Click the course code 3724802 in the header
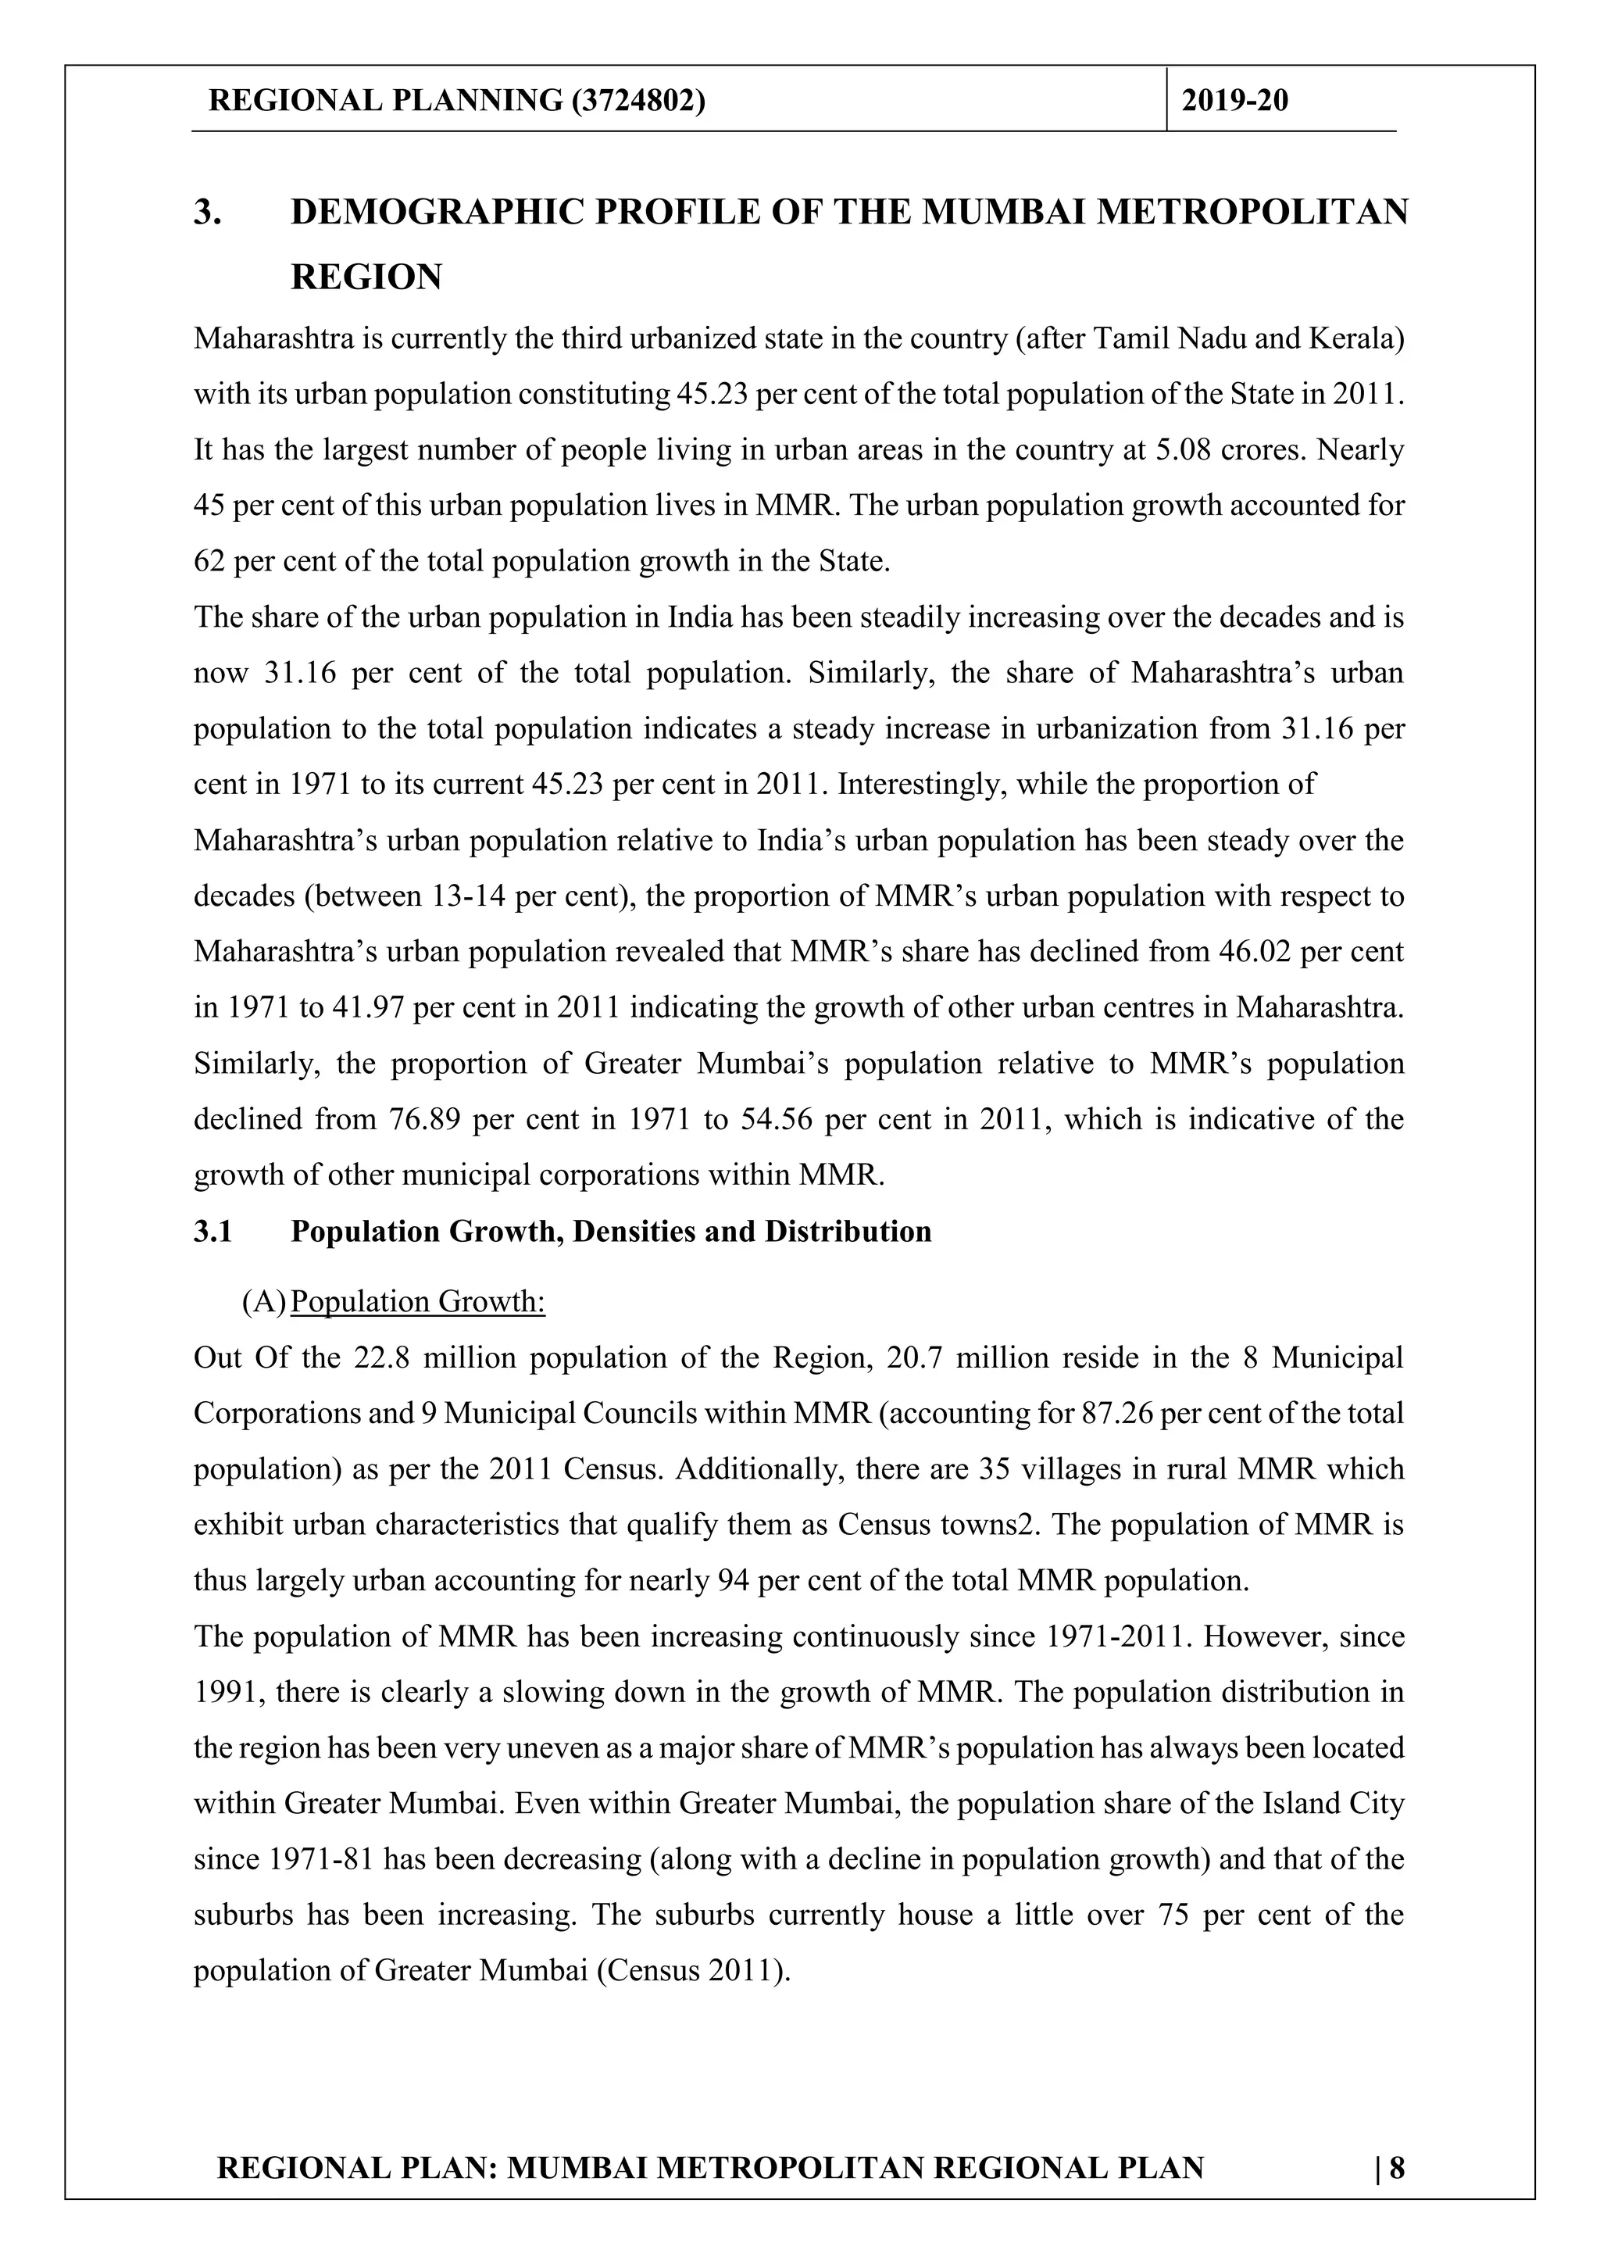[x=637, y=101]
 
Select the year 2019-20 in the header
[x=1234, y=101]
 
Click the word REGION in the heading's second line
[x=366, y=277]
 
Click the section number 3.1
[x=213, y=1232]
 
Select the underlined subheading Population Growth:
[x=418, y=1302]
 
